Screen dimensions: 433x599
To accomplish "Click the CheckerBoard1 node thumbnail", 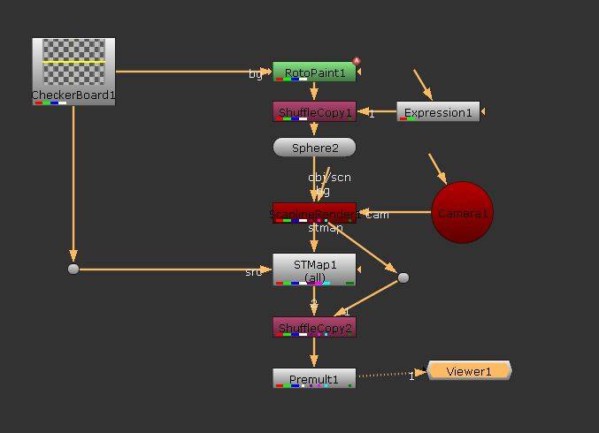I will point(73,64).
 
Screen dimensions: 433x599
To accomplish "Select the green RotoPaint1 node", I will point(314,72).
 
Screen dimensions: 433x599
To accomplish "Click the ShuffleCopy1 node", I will point(314,112).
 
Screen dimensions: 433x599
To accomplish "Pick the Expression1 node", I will point(438,112).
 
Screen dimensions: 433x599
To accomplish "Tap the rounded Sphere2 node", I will point(314,148).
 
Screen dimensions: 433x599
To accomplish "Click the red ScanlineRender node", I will point(314,213).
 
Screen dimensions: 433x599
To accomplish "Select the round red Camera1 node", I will point(462,213).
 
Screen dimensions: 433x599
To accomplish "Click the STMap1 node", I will point(314,270).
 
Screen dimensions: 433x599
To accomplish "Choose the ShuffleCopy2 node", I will point(314,328).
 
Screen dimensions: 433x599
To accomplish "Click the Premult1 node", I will point(314,379).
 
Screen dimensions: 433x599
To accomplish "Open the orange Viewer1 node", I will point(469,371).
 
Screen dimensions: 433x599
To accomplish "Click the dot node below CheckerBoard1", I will point(73,269).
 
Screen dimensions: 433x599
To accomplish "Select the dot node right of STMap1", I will point(403,277).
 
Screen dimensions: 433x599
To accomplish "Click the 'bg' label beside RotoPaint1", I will point(256,74).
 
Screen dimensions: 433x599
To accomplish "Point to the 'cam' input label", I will point(378,214).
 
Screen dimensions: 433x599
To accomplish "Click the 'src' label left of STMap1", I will point(254,271).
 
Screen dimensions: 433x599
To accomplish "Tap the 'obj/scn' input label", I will point(329,177).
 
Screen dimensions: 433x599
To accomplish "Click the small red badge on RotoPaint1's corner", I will point(357,61).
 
